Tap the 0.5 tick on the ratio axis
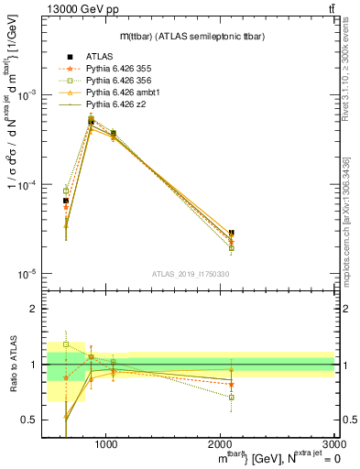click(x=32, y=420)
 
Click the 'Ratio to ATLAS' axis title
click(x=14, y=365)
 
